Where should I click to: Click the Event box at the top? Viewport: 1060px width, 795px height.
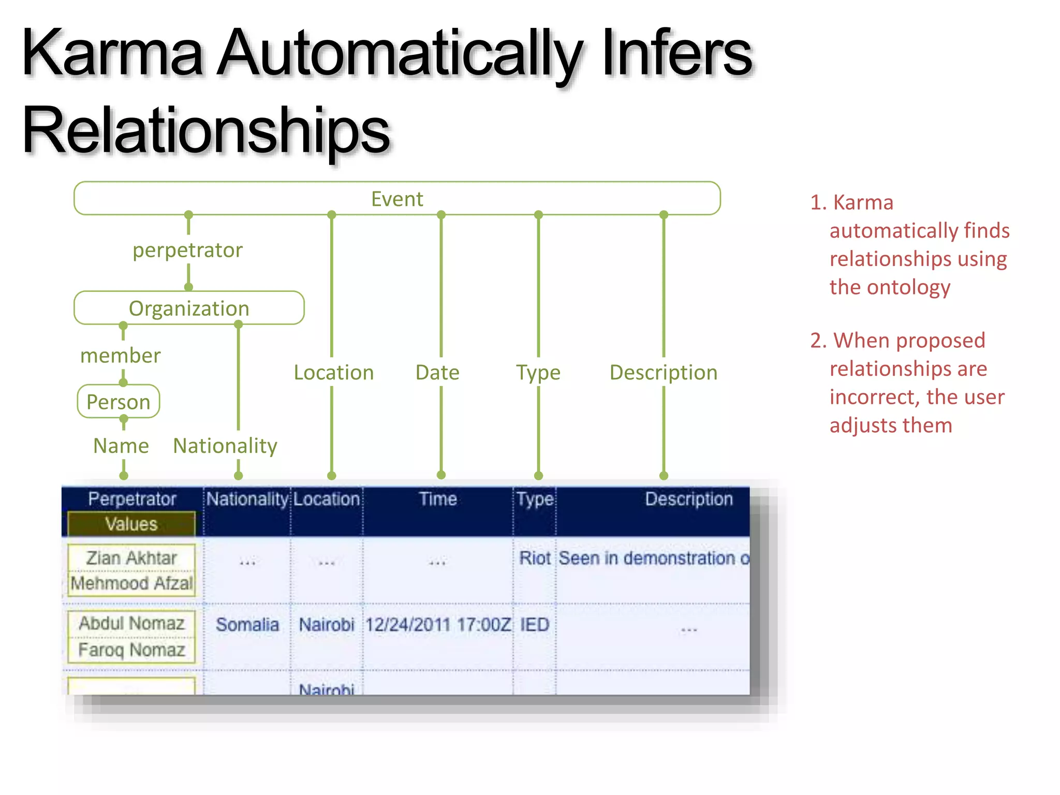[397, 199]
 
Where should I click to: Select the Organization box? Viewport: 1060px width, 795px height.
[189, 308]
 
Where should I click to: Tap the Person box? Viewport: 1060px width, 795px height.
[119, 402]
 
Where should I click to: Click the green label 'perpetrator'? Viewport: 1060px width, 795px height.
[187, 251]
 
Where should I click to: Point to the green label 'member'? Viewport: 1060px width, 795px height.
[121, 356]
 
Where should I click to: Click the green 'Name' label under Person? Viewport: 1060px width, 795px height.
[121, 446]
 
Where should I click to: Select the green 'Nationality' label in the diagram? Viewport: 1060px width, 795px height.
[225, 446]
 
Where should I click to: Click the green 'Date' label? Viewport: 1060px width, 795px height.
[437, 373]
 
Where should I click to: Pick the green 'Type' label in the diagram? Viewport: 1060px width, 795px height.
[538, 373]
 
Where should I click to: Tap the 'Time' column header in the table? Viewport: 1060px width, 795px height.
[438, 499]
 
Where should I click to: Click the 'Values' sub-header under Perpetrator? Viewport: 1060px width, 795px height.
[131, 524]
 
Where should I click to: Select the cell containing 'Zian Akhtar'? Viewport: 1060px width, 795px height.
[131, 558]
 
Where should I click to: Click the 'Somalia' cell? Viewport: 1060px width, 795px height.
[247, 625]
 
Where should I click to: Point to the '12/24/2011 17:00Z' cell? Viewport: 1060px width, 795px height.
[438, 625]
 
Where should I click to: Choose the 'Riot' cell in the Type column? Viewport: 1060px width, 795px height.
[535, 558]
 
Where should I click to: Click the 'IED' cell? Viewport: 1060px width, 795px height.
[535, 625]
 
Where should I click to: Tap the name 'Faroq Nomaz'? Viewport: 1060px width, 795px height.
[131, 650]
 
